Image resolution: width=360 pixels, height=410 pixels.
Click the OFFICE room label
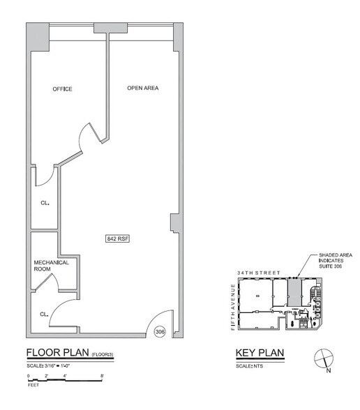tap(63, 89)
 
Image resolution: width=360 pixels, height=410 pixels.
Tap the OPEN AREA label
tap(142, 88)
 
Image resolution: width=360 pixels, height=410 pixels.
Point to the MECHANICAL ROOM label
tap(52, 266)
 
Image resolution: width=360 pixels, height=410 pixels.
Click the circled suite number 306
tap(160, 332)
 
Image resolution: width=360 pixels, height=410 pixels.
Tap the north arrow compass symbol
tap(322, 358)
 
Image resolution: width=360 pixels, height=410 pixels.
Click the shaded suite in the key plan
tap(294, 293)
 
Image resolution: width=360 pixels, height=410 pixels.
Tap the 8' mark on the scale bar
tap(103, 377)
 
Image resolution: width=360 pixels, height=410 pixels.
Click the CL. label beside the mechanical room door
tap(44, 314)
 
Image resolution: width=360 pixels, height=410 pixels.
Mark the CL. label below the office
tap(43, 204)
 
